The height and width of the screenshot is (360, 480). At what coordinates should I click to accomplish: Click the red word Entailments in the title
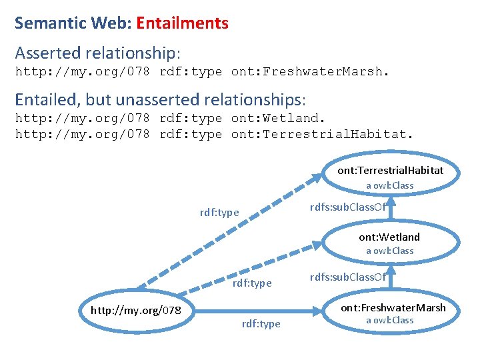tap(182, 23)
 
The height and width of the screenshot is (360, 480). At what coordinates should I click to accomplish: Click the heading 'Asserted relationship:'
tap(98, 52)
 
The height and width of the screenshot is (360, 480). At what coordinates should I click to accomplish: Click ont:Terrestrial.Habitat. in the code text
tap(322, 134)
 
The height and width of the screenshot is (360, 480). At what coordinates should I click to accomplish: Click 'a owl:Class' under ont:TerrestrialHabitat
tap(389, 185)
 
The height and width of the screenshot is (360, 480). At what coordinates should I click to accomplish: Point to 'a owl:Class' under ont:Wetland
tap(389, 251)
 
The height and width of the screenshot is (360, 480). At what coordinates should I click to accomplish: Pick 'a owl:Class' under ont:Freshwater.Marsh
tap(389, 321)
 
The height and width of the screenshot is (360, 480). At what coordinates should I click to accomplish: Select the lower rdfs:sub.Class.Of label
tap(348, 277)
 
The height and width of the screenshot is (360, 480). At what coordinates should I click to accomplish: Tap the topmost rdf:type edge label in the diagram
tap(219, 213)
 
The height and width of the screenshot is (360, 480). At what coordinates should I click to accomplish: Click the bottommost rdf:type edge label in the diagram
tap(261, 324)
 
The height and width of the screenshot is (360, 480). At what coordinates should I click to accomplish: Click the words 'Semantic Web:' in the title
tap(73, 23)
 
